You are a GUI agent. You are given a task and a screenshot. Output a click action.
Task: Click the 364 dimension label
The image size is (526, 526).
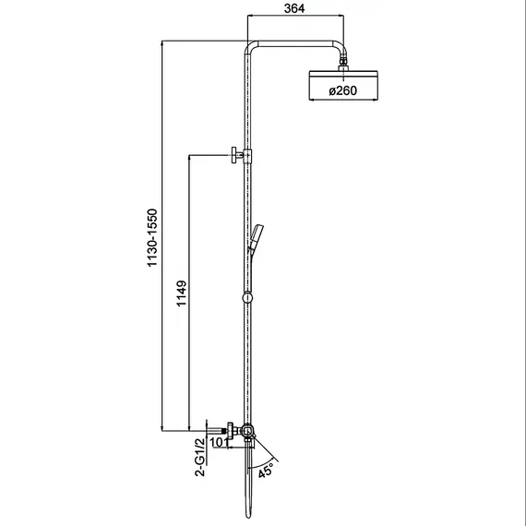click(x=294, y=8)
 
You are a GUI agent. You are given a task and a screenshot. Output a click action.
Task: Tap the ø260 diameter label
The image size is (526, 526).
click(x=343, y=90)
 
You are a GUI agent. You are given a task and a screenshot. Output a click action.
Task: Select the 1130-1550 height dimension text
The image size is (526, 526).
click(x=152, y=237)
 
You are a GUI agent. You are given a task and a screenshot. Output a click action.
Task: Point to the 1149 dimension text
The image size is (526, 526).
click(x=182, y=293)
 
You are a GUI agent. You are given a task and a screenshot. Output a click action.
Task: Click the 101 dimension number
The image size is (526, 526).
click(x=219, y=442)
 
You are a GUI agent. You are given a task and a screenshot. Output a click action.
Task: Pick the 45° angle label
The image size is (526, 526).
click(x=266, y=470)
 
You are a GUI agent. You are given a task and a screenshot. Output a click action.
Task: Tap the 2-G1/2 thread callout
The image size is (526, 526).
click(x=200, y=457)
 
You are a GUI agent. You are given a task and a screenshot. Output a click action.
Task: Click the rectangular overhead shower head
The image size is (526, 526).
click(x=343, y=85)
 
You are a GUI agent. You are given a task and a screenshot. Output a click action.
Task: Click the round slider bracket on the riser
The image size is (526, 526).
click(x=247, y=298)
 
